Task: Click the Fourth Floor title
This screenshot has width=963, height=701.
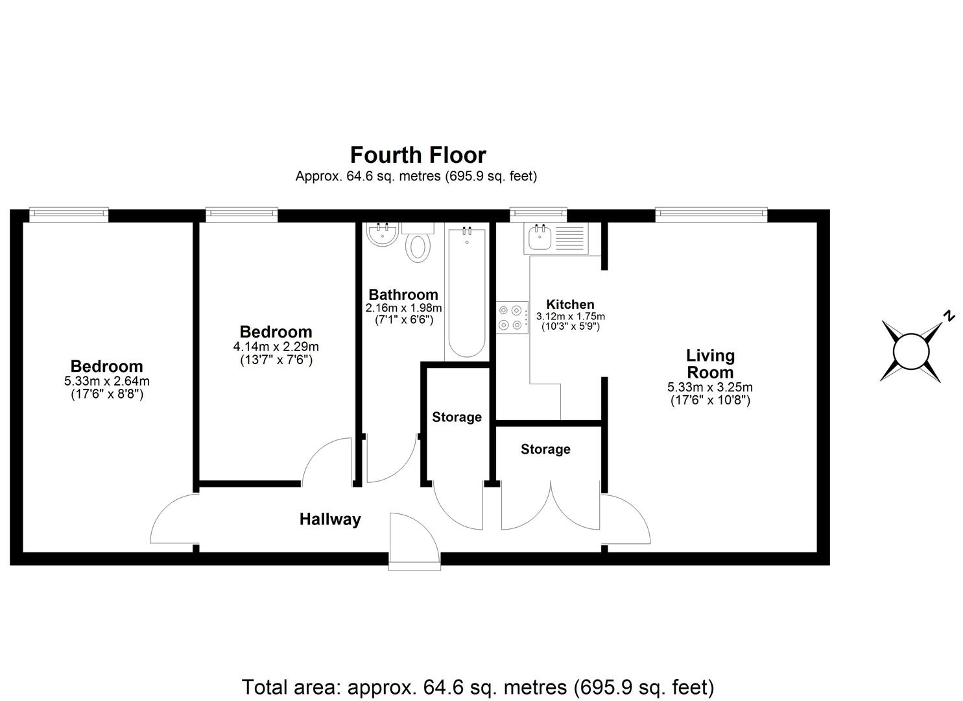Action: [x=418, y=155]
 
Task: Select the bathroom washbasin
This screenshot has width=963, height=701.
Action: [x=381, y=234]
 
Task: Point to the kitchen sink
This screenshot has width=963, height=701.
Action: [x=540, y=238]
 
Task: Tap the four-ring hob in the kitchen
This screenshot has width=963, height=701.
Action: [x=512, y=318]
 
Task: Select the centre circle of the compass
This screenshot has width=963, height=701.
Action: [x=911, y=351]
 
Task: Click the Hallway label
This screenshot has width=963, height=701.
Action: [x=329, y=519]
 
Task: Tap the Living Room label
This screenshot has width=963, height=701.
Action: [x=710, y=364]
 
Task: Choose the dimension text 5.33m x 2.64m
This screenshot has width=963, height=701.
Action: [x=106, y=382]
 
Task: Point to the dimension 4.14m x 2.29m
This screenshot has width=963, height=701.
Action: [x=276, y=347]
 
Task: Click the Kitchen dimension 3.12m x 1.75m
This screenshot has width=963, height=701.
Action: [x=570, y=317]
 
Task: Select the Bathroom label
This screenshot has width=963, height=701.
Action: [x=403, y=295]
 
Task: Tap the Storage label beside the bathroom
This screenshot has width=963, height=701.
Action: [x=457, y=417]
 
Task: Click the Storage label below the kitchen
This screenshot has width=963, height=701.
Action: [x=545, y=449]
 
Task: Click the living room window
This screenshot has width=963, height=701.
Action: [x=711, y=214]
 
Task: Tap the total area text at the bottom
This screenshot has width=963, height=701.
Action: [x=478, y=687]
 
